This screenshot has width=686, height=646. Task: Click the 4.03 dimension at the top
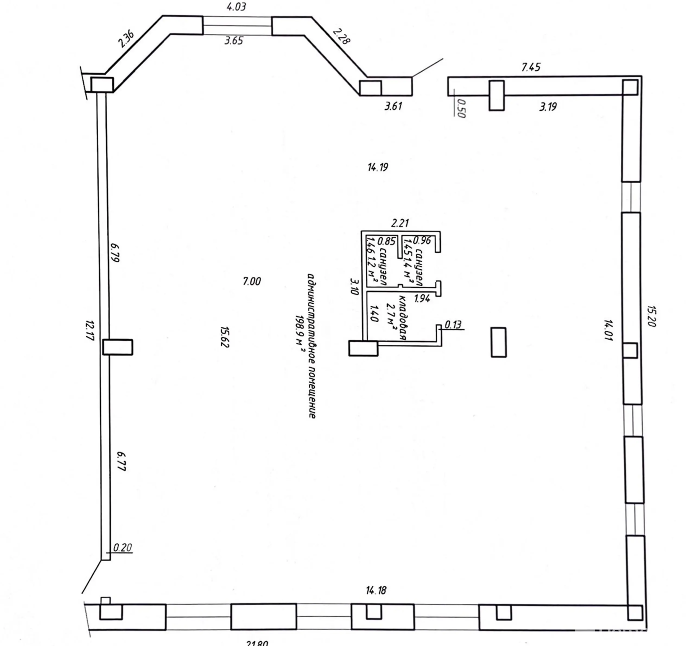click(236, 7)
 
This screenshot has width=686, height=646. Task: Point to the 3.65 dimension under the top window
click(234, 41)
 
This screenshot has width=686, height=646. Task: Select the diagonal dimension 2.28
click(342, 36)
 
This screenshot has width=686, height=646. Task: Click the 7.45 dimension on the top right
click(531, 67)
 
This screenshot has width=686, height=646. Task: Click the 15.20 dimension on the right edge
click(652, 317)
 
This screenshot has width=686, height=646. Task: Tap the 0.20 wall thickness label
click(122, 548)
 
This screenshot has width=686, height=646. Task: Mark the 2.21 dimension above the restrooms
click(400, 223)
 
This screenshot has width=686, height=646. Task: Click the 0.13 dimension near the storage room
click(453, 324)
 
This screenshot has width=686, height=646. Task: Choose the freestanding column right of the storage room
click(498, 342)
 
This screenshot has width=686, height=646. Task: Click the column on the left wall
click(117, 347)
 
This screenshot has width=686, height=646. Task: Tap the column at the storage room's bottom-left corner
click(363, 348)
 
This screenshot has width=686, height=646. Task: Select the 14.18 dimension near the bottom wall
click(376, 591)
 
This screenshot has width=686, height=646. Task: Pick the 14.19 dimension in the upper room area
click(378, 167)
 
